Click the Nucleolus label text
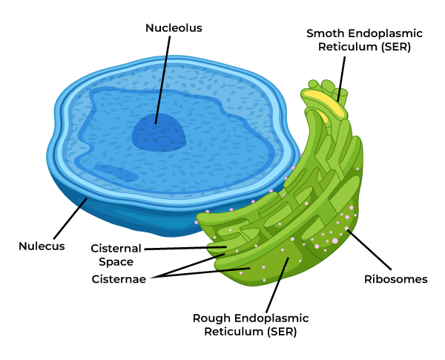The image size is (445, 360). click(x=174, y=28)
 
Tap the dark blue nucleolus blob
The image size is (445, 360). click(x=159, y=134)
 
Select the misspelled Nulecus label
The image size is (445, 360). click(x=42, y=246)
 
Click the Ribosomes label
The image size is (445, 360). click(x=395, y=279)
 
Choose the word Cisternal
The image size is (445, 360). click(x=116, y=248)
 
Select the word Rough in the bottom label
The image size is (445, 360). click(x=209, y=318)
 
